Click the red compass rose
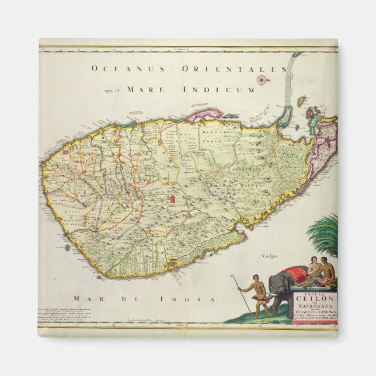tap(262, 81)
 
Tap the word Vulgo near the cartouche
tap(270, 256)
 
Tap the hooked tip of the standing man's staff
tap(231, 277)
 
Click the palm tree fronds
tap(327, 234)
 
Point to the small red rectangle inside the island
tap(172, 200)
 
